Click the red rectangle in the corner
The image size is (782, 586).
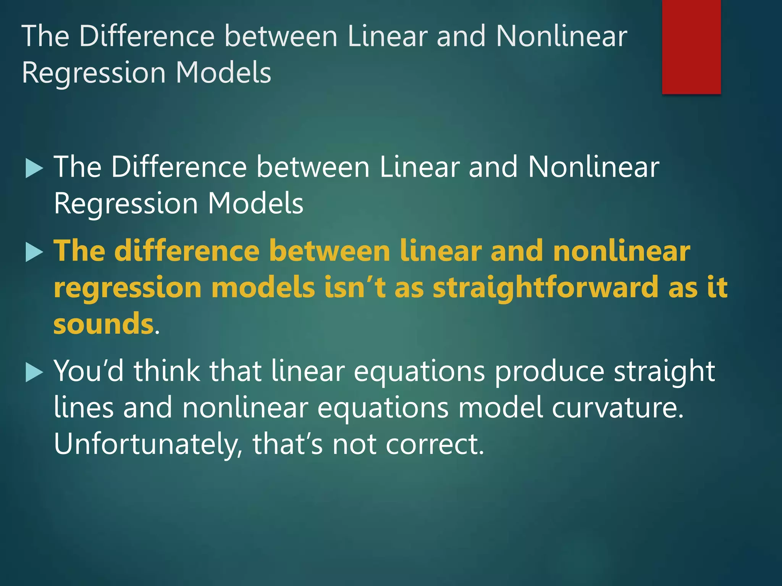point(691,47)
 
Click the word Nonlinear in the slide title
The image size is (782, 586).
point(561,36)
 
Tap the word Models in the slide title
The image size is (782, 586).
point(223,72)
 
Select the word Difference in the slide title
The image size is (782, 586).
point(147,36)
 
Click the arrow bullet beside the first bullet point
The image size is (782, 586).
point(34,169)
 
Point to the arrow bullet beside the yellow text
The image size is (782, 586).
point(34,253)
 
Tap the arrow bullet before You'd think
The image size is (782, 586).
point(34,372)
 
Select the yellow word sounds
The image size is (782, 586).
point(103,324)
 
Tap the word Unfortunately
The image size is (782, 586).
point(147,444)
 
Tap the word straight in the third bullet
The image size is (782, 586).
point(664,372)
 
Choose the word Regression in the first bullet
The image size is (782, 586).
point(126,204)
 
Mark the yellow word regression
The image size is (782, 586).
point(128,288)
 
